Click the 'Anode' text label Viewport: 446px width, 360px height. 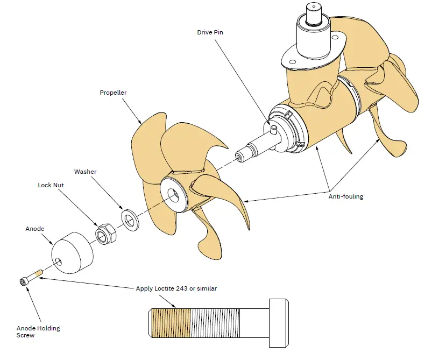pos(35,229)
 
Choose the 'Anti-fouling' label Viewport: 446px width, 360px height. pos(345,196)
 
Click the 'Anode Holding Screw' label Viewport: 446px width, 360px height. pos(38,331)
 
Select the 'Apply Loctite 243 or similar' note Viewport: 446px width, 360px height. pos(176,288)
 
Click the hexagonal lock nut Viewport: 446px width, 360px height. pos(103,233)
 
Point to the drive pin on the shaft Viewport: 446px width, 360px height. pos(273,129)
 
